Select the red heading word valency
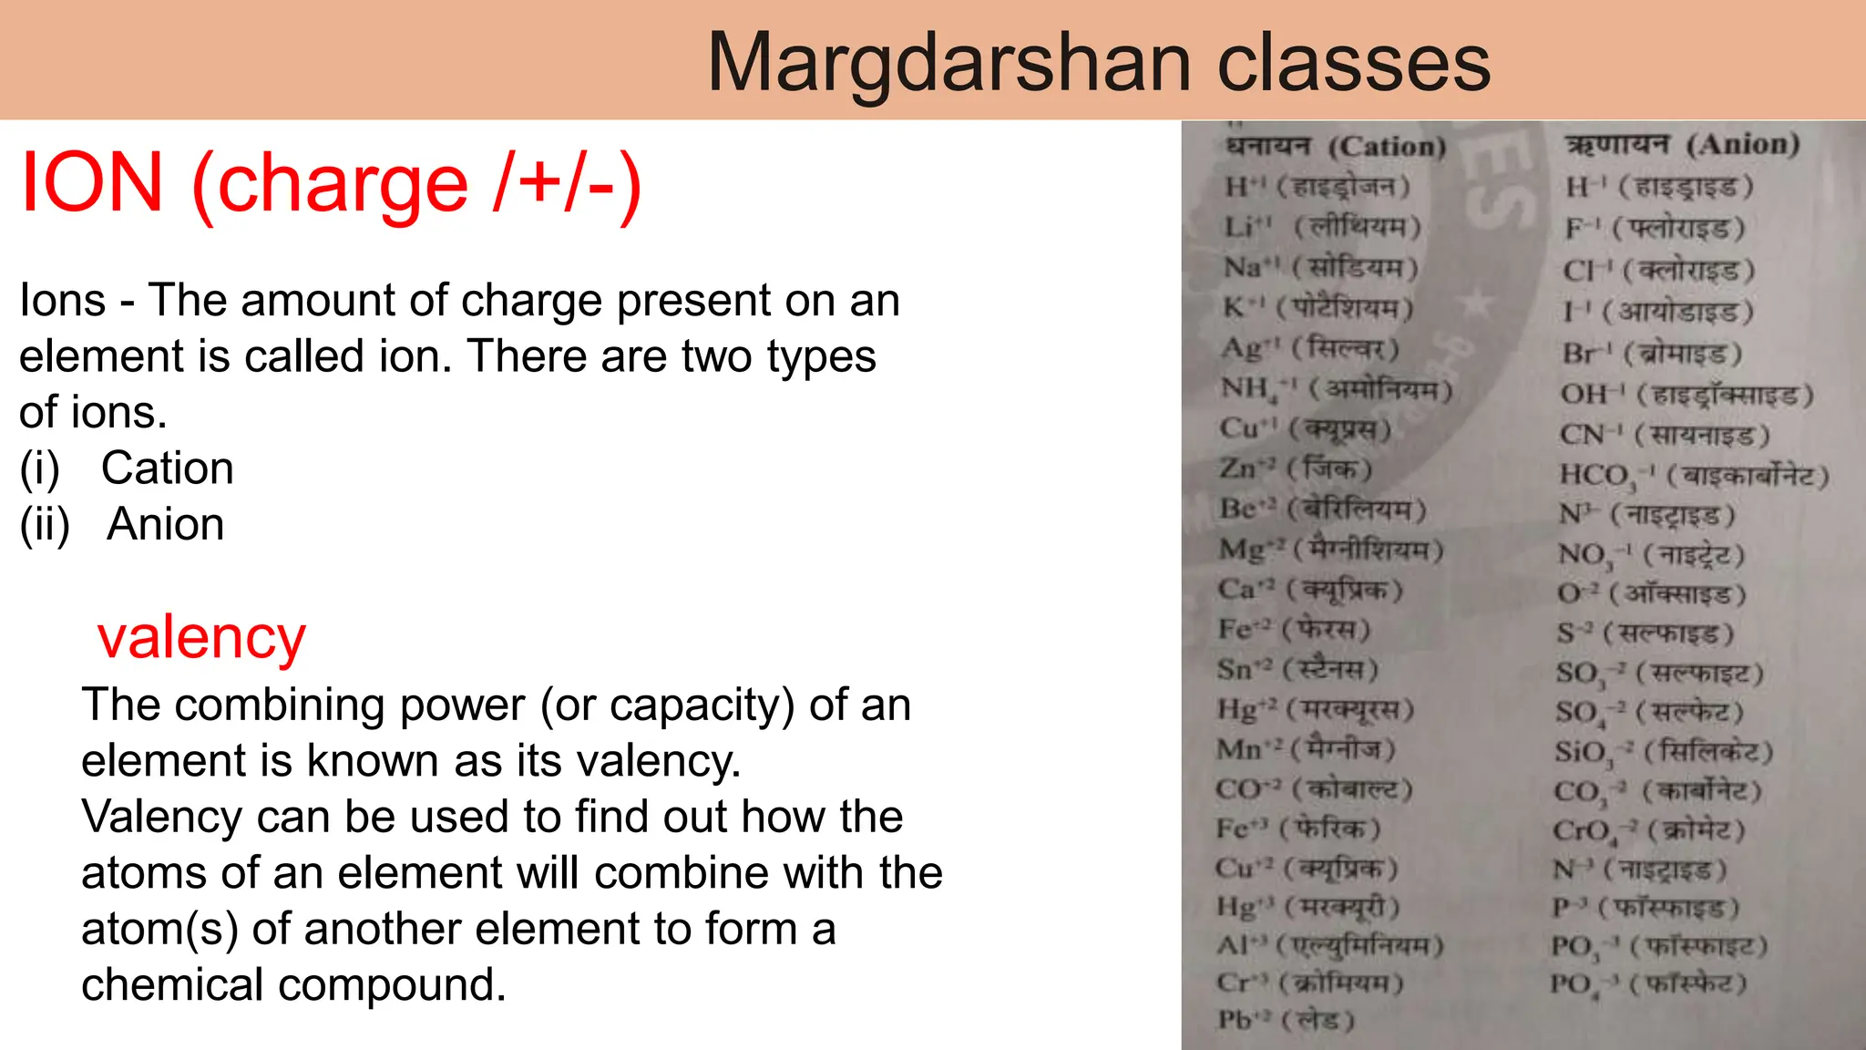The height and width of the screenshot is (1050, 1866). coord(201,637)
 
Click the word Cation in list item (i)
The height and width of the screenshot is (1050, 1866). coord(168,468)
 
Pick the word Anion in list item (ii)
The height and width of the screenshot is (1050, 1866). coord(166,524)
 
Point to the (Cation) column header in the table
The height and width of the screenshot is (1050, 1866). coord(1387,146)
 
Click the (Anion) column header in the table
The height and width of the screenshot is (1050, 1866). coord(1742,144)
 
